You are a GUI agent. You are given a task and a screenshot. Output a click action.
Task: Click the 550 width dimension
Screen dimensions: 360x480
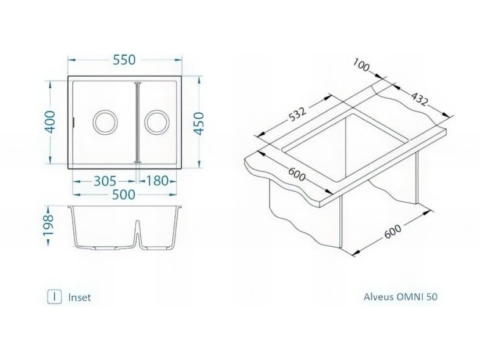124,60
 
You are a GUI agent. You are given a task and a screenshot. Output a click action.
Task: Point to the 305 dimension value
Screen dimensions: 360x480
104,181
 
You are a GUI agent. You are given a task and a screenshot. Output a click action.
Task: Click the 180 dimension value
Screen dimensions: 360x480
156,181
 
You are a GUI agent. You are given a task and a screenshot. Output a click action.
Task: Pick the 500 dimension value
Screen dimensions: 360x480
124,195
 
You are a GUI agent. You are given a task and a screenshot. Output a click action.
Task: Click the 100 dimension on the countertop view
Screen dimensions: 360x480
361,67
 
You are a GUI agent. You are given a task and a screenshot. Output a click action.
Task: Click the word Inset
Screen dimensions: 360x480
79,297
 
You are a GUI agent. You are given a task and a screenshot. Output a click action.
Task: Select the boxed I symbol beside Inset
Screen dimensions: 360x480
54,297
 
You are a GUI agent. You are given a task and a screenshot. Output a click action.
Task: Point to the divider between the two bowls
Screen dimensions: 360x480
137,123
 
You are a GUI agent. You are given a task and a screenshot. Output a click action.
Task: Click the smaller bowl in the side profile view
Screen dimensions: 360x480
157,229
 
